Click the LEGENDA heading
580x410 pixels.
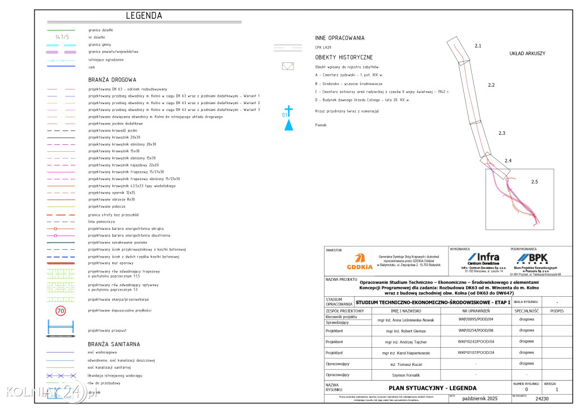(144, 16)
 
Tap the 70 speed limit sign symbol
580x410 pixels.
(61, 310)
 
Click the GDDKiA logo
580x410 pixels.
(360, 262)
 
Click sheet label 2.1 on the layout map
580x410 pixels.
(477, 45)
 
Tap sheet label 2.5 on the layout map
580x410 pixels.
(535, 182)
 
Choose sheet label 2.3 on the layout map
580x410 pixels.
(501, 133)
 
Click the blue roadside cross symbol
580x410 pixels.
(288, 110)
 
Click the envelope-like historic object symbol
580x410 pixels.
(288, 66)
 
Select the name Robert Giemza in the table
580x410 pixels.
(403, 330)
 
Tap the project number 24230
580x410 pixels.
(542, 399)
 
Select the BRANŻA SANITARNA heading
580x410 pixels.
(114, 344)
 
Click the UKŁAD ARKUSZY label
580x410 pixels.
(527, 53)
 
